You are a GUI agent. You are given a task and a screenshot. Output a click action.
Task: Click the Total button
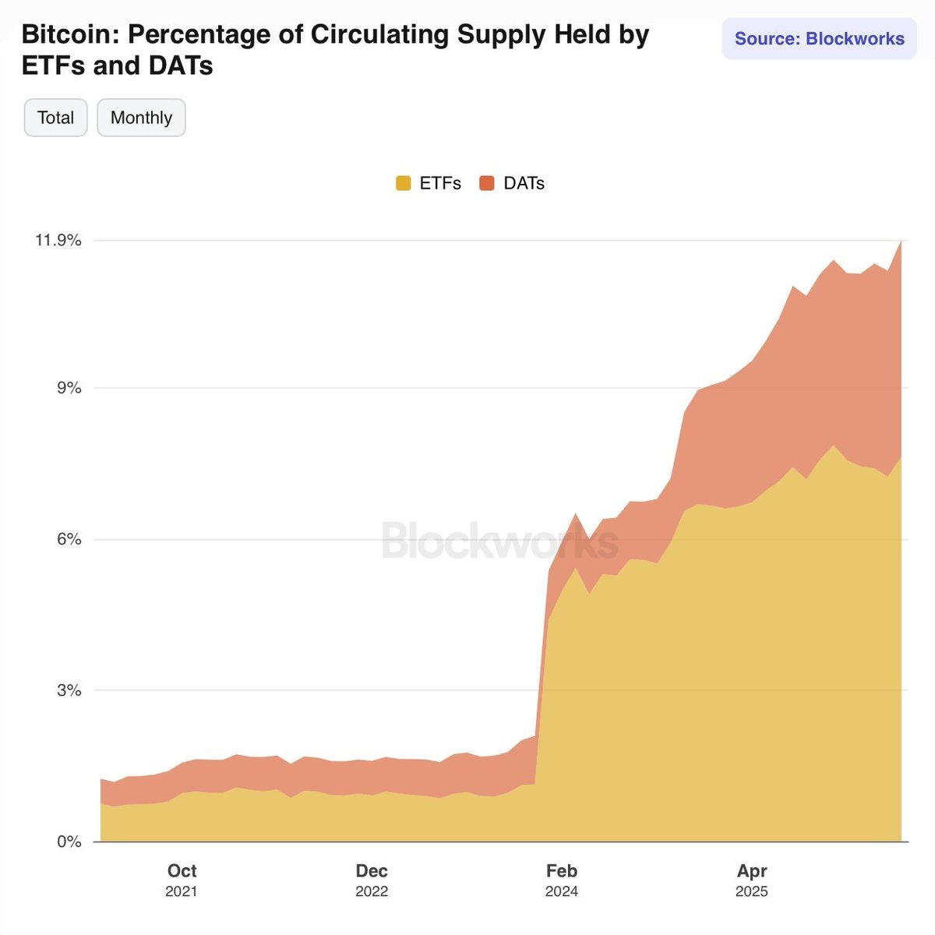point(55,118)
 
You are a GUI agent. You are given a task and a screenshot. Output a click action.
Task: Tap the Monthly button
point(141,118)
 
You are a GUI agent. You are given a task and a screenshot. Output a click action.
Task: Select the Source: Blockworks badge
point(820,39)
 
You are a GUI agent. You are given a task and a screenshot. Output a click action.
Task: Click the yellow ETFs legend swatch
point(404,184)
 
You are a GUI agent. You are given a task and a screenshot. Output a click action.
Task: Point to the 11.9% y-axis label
point(58,240)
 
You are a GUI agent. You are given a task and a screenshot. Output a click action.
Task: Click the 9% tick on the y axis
point(69,388)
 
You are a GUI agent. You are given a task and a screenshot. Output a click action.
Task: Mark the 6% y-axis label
point(69,539)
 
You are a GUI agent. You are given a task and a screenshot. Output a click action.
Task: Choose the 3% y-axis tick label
point(69,690)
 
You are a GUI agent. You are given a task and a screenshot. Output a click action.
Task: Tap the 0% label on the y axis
point(69,841)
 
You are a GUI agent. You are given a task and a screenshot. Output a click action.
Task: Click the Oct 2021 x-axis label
point(182,880)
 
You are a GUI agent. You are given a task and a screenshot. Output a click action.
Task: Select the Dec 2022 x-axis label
point(372,880)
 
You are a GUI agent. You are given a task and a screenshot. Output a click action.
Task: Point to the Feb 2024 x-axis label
point(561,880)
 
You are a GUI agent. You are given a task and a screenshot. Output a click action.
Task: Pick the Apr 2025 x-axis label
point(752,880)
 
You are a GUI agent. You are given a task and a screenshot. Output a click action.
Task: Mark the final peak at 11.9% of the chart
point(901,242)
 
